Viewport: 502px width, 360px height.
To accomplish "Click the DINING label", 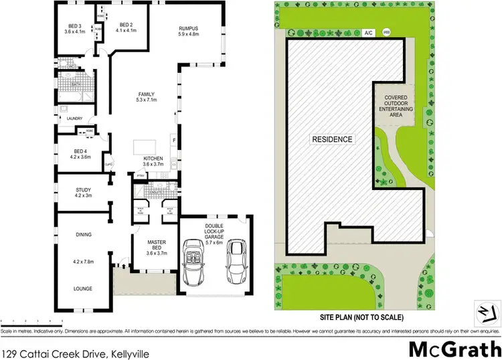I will point(84,234).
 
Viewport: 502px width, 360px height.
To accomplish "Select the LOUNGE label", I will point(84,288).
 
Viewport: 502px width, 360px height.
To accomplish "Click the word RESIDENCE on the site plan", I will point(332,139).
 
